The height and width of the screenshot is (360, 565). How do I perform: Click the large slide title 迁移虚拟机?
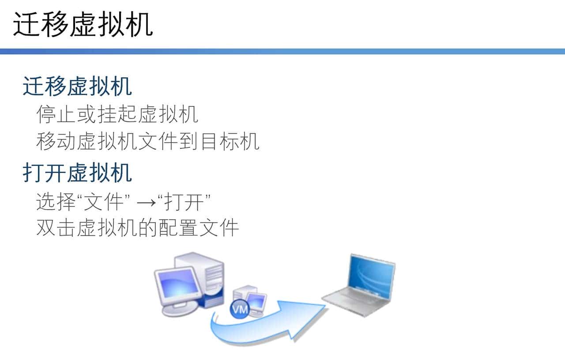[83, 25]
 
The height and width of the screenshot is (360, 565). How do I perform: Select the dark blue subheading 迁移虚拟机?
[77, 86]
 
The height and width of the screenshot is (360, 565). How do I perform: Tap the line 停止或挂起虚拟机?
[117, 114]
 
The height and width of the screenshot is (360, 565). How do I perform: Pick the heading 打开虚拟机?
[77, 173]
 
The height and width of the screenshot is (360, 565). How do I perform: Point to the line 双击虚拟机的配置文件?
[137, 228]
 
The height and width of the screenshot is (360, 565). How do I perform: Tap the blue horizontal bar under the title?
[282, 52]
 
